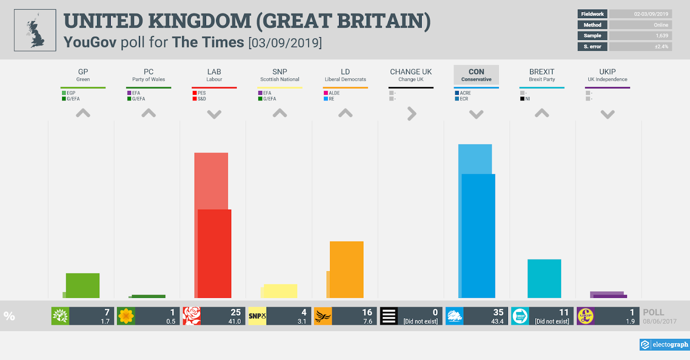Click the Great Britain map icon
pos(35,30)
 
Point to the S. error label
pos(592,47)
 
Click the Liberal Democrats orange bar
pos(346,269)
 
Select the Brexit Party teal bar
pos(544,279)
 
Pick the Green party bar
pos(82,285)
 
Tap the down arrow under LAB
pos(214,114)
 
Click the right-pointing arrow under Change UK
pos(412,114)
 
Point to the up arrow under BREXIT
pos(542,113)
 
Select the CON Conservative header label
pos(476,75)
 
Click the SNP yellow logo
pos(257,316)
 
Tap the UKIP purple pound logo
pos(586,316)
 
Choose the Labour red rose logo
pos(192,316)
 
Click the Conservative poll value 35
pos(498,312)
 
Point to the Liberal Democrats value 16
pos(367,312)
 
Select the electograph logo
pos(665,344)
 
